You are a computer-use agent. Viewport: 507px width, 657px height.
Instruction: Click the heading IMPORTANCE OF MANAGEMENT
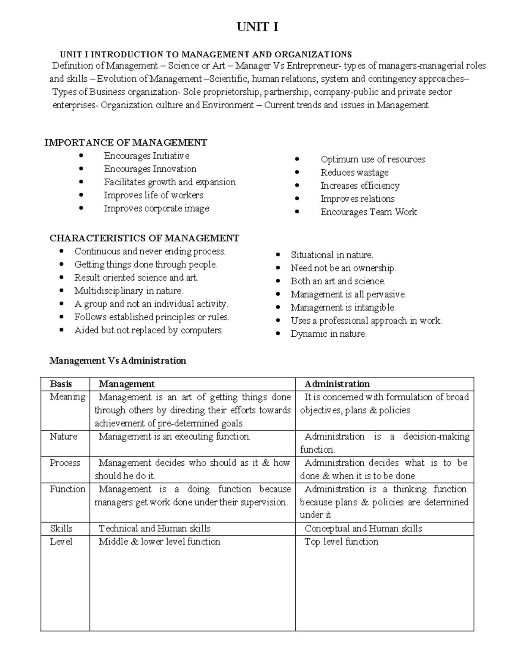125,143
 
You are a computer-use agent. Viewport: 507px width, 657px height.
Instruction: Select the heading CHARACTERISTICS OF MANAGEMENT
144,238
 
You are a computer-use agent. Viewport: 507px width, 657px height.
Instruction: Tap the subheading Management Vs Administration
117,360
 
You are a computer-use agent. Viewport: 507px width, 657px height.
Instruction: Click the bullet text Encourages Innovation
150,169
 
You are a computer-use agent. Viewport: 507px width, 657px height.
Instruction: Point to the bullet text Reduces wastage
354,173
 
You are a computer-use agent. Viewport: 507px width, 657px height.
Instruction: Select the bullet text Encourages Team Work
368,212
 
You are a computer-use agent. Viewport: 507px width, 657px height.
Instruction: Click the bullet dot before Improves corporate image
81,208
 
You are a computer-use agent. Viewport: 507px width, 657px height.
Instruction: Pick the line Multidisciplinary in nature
128,291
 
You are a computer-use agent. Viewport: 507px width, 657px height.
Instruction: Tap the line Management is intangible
343,308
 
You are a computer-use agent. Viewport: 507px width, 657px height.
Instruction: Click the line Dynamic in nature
328,334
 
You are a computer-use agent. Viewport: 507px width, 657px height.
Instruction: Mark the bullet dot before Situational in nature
278,255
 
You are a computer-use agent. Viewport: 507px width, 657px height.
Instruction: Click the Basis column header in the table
61,384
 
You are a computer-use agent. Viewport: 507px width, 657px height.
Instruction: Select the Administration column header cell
337,384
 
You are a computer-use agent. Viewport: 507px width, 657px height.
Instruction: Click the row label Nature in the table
63,437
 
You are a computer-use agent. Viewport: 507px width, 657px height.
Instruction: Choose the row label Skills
61,528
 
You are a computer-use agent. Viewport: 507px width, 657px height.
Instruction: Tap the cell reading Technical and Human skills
154,528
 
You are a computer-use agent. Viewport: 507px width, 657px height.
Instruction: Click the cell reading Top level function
341,542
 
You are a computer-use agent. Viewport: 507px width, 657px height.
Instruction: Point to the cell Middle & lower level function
159,542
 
